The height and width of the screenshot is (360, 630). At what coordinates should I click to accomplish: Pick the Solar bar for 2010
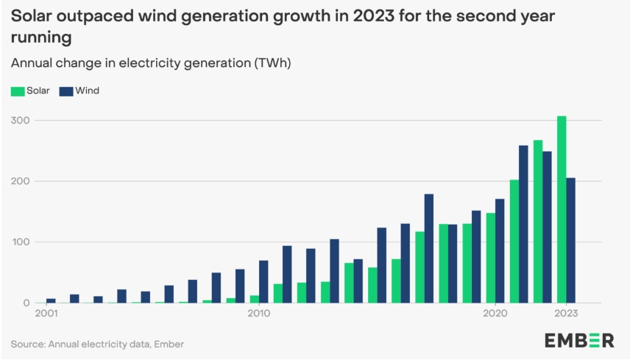[x=254, y=299]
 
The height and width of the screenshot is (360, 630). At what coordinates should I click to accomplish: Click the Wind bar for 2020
[x=500, y=251]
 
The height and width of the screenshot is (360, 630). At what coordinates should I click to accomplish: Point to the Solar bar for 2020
[x=491, y=258]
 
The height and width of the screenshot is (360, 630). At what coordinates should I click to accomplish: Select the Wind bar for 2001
[x=51, y=300]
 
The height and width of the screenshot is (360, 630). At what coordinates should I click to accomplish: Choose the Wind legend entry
[x=79, y=91]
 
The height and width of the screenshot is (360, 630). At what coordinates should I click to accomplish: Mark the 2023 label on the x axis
[x=565, y=314]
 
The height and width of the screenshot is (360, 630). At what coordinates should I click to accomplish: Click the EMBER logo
[x=578, y=340]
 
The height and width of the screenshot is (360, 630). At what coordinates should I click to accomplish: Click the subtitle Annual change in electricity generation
[x=151, y=63]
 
